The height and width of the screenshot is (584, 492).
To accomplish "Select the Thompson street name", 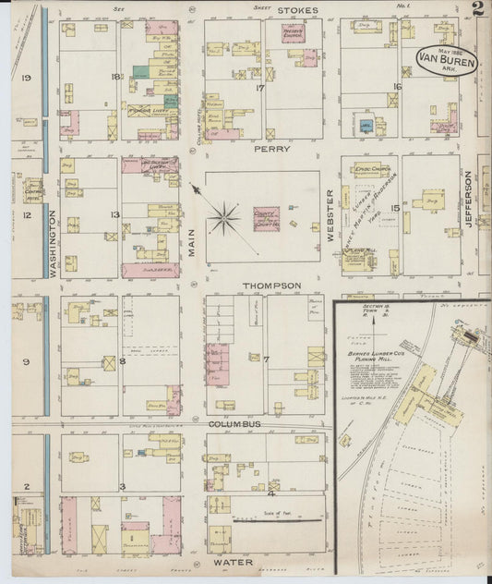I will (271, 286).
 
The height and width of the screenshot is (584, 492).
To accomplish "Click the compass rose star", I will (223, 219).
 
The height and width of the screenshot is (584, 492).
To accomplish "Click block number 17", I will (260, 89).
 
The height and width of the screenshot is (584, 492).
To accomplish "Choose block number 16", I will (397, 86).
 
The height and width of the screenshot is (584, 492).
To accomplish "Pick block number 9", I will (28, 362).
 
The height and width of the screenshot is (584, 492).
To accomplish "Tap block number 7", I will (265, 358).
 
